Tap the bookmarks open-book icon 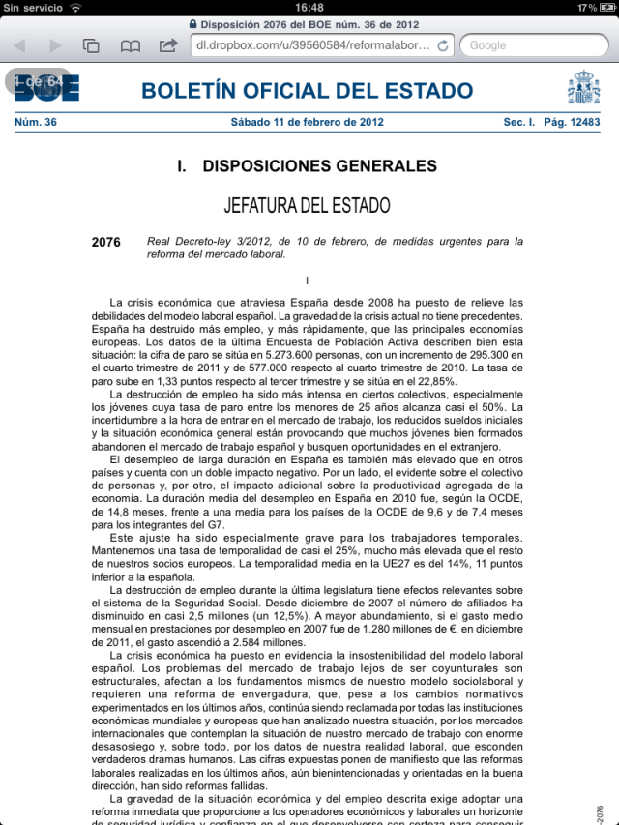(x=130, y=45)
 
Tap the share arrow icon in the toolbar (x=167, y=45)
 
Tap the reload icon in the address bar (x=443, y=45)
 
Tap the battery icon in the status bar (x=605, y=8)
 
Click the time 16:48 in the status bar (x=309, y=8)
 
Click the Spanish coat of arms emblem (x=583, y=89)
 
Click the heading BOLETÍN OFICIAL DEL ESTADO (x=308, y=92)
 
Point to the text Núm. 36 (x=36, y=123)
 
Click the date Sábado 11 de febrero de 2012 (x=308, y=123)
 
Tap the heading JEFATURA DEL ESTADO (x=307, y=206)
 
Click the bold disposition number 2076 (x=105, y=242)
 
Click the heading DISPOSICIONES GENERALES (x=319, y=166)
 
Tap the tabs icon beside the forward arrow (x=92, y=45)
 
